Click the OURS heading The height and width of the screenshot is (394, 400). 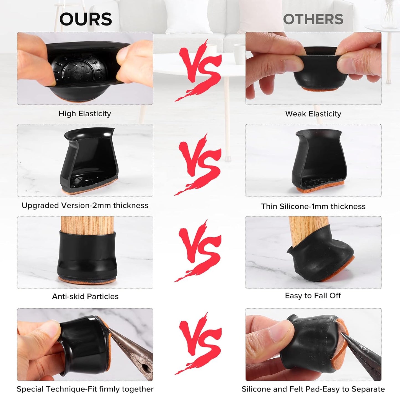[x=86, y=19]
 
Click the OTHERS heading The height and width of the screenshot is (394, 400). [x=313, y=19]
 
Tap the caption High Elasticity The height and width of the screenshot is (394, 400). [x=85, y=114]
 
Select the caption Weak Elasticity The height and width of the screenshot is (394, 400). [x=313, y=114]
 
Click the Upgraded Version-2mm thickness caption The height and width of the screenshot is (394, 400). [x=85, y=206]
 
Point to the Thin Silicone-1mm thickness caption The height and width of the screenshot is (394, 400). [x=313, y=206]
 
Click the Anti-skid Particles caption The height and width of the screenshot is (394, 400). [x=85, y=296]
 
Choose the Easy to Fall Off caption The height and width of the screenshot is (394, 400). [x=313, y=296]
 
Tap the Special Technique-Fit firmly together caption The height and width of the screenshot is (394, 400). [x=85, y=389]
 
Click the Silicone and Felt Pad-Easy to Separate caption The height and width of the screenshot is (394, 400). [x=313, y=389]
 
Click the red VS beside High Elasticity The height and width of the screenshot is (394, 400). [x=200, y=69]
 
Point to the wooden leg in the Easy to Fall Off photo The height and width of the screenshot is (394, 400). [x=307, y=229]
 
